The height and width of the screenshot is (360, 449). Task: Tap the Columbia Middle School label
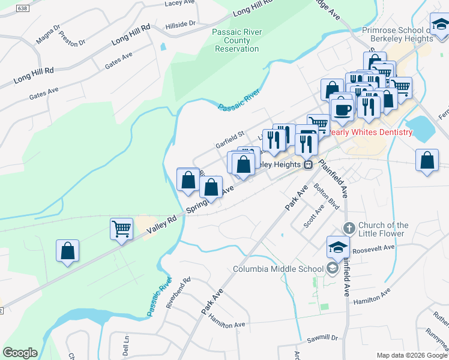tap(278, 269)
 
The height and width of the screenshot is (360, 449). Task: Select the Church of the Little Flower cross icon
tap(349, 228)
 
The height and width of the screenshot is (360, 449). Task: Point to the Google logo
tap(20, 353)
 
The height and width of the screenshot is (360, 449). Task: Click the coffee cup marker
tap(342, 109)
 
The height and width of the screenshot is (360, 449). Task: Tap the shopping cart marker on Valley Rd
tap(121, 229)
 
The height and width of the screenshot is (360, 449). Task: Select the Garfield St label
tap(231, 141)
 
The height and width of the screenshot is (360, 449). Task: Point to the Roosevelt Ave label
tap(373, 248)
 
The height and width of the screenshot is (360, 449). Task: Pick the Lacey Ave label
tap(180, 3)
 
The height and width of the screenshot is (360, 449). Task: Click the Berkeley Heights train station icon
tap(308, 164)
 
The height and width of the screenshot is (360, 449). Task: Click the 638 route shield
tap(23, 8)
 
